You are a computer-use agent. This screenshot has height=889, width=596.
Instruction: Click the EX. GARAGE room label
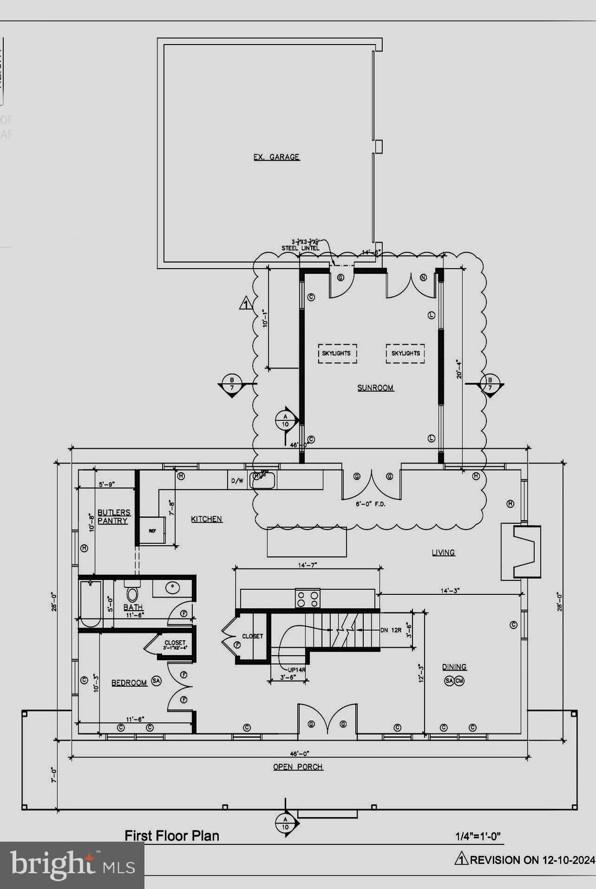click(x=276, y=157)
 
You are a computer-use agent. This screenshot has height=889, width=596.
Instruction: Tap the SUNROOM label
click(x=375, y=388)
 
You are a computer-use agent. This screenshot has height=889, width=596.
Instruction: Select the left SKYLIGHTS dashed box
click(x=337, y=353)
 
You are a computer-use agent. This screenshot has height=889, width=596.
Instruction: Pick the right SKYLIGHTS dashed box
click(x=405, y=353)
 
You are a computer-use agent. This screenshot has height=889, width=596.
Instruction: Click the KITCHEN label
click(x=207, y=519)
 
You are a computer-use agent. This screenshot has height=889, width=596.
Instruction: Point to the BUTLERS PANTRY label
click(x=114, y=517)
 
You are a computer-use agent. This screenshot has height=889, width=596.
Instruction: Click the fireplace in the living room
click(x=521, y=552)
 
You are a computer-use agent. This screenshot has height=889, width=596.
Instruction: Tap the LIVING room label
click(x=443, y=553)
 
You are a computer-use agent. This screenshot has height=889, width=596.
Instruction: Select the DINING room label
click(x=454, y=667)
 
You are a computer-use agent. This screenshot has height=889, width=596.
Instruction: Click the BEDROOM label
click(x=129, y=683)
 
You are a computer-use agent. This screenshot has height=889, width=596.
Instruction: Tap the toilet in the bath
click(x=132, y=593)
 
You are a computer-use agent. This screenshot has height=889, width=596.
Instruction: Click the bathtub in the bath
click(x=90, y=604)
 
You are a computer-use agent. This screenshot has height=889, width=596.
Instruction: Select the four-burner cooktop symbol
click(x=308, y=598)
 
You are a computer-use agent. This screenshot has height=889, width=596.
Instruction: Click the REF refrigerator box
click(x=152, y=530)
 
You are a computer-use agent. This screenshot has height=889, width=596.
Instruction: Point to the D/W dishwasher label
click(x=237, y=480)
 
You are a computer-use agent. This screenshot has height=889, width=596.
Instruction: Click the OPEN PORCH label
click(x=298, y=767)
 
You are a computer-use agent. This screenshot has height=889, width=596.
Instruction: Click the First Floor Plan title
click(x=172, y=836)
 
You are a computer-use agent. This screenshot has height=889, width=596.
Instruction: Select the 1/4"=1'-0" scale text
click(x=478, y=836)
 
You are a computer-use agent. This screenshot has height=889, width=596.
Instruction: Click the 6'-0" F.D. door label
click(x=371, y=504)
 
